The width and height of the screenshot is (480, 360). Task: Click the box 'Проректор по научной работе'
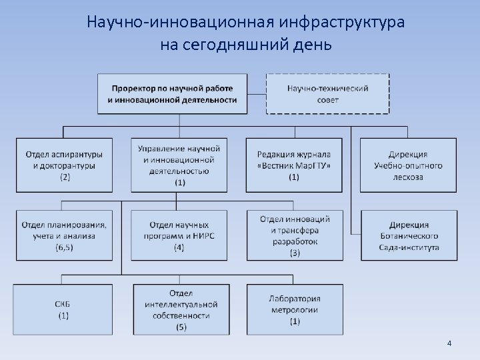[172, 94]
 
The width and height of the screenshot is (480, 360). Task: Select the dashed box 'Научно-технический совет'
[328, 94]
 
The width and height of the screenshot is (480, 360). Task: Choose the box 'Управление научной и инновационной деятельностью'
[179, 165]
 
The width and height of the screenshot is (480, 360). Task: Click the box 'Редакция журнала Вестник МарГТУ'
[294, 165]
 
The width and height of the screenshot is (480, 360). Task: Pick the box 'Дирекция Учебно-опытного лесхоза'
[408, 165]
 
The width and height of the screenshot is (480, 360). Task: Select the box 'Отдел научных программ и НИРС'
[179, 235]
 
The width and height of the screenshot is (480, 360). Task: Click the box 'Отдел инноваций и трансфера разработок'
[294, 235]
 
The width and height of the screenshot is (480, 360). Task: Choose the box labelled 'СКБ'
[63, 309]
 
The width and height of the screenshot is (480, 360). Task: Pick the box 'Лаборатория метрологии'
[294, 309]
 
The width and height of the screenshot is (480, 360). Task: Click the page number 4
[449, 343]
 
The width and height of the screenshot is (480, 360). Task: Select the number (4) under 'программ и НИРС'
[179, 247]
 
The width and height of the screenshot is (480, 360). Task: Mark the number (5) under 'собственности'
[181, 327]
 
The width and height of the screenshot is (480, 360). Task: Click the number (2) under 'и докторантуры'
[65, 177]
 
